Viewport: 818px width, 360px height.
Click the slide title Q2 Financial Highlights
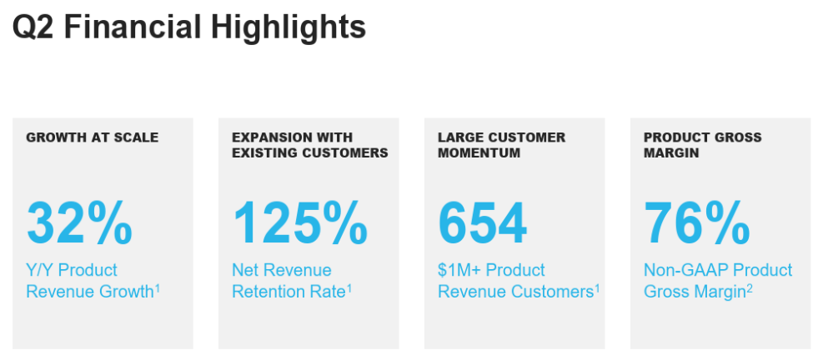point(188,27)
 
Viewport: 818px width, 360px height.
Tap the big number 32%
point(79,223)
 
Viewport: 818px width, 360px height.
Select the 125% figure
point(300,223)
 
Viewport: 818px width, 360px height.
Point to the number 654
point(483,223)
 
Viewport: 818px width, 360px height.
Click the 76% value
point(697,223)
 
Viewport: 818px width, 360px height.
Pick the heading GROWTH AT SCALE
point(93,137)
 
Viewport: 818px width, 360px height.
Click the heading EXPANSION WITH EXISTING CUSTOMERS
point(310,145)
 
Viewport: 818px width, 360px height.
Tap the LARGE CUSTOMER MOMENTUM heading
point(501,145)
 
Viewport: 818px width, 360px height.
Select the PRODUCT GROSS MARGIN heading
point(703,145)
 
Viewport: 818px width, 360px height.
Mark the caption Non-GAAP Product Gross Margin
point(718,281)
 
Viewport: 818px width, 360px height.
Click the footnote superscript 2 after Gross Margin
point(749,288)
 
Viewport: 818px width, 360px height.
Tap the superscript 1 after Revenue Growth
point(157,288)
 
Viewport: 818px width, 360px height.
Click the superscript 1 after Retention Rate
point(349,288)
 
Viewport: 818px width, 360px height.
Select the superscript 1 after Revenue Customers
point(597,288)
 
